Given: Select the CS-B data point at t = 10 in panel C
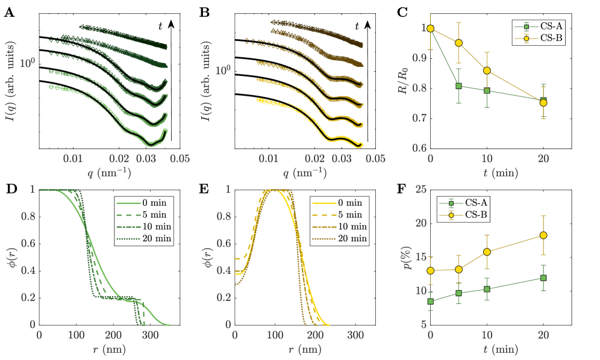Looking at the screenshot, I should pyautogui.click(x=487, y=71).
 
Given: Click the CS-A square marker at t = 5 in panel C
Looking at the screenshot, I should pyautogui.click(x=458, y=86).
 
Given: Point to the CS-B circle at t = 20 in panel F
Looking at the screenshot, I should pyautogui.click(x=543, y=235).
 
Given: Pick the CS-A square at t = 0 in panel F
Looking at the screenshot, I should pyautogui.click(x=430, y=301).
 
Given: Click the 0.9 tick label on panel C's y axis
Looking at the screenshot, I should pyautogui.click(x=417, y=58).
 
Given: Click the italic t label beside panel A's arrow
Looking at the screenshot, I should pyautogui.click(x=160, y=25).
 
